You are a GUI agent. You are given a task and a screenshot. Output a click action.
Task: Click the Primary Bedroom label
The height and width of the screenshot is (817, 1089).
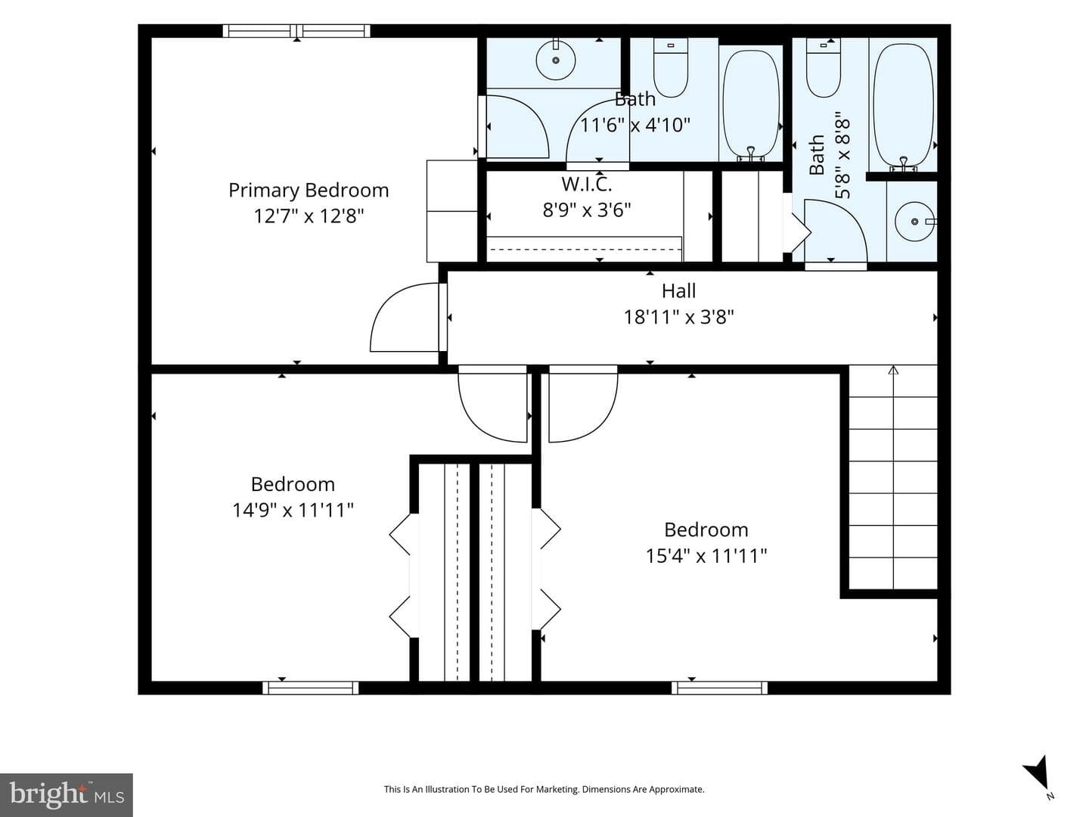(308, 191)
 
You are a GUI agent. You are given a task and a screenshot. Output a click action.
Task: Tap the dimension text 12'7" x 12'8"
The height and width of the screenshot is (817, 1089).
(309, 216)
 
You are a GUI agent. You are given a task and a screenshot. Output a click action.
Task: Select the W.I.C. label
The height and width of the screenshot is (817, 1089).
(586, 184)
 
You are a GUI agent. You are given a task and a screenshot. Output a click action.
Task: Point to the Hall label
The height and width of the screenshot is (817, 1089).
(678, 290)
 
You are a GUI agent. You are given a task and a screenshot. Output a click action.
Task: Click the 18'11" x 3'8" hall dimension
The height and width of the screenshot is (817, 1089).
(678, 316)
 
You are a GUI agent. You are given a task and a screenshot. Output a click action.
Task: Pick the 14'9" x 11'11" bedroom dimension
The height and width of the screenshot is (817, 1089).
(293, 510)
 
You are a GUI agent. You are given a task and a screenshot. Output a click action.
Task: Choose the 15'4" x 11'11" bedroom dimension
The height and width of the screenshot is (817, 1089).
(706, 555)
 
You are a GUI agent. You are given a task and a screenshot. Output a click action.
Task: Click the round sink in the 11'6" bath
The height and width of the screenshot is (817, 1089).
(556, 60)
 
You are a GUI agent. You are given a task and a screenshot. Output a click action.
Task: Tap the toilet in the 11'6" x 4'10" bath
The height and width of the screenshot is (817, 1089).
(671, 67)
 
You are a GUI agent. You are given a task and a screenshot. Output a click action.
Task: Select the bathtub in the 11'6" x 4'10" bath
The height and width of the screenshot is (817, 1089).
(751, 105)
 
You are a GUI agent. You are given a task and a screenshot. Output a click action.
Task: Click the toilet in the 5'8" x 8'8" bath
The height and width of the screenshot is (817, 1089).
(824, 67)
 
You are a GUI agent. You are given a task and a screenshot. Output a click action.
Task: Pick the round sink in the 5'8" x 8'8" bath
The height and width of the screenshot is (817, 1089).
(915, 222)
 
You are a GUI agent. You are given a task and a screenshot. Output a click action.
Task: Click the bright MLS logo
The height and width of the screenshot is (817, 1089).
(67, 794)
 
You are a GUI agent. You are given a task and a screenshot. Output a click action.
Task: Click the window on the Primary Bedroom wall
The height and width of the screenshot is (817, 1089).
(296, 31)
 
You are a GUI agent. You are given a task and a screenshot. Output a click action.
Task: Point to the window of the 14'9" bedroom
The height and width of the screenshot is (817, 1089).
(311, 688)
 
